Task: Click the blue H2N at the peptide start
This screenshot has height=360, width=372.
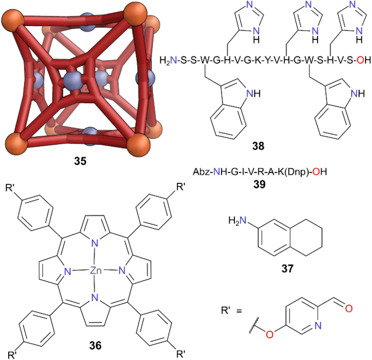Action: pyautogui.click(x=167, y=60)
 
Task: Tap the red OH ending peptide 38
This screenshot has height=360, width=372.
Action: pyautogui.click(x=365, y=60)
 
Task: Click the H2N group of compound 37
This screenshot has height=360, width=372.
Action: pyautogui.click(x=240, y=221)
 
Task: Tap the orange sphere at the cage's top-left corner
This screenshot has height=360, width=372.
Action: pyautogui.click(x=11, y=21)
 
